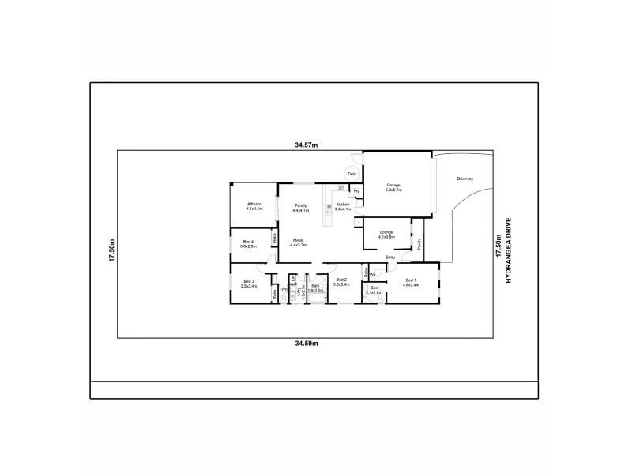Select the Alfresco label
pos(254,205)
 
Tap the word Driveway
pos(465,179)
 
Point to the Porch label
pos(419,244)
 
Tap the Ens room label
pos(374,290)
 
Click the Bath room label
pos(314,288)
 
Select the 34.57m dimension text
pos(306,145)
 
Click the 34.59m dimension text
pos(306,344)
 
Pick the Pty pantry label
pos(356,191)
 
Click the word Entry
pos(390,258)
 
